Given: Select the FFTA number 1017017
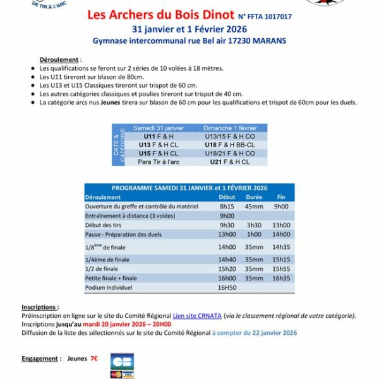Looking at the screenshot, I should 274,16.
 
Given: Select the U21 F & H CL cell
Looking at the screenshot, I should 229,162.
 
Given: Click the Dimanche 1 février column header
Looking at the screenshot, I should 230,128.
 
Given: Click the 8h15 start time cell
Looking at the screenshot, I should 227,206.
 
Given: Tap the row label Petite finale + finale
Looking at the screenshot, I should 111,278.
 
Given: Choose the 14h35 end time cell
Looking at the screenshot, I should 281,247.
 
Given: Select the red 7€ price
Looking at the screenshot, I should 93,358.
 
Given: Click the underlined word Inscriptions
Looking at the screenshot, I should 39,307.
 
